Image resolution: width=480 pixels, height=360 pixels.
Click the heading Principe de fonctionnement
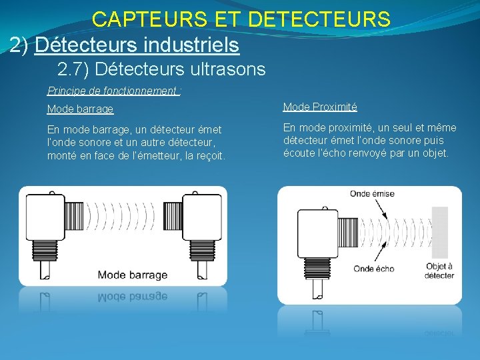pyautogui.click(x=113, y=91)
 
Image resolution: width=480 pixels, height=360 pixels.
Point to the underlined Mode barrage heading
pyautogui.click(x=80, y=109)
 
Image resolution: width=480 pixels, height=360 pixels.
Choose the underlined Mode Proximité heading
pyautogui.click(x=320, y=107)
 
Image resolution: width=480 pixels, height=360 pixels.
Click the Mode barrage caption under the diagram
pyautogui.click(x=133, y=275)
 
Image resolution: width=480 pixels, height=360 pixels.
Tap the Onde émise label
pyautogui.click(x=372, y=194)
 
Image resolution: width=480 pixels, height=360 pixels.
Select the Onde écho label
pyautogui.click(x=373, y=269)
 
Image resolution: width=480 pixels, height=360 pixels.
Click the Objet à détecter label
pyautogui.click(x=439, y=271)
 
